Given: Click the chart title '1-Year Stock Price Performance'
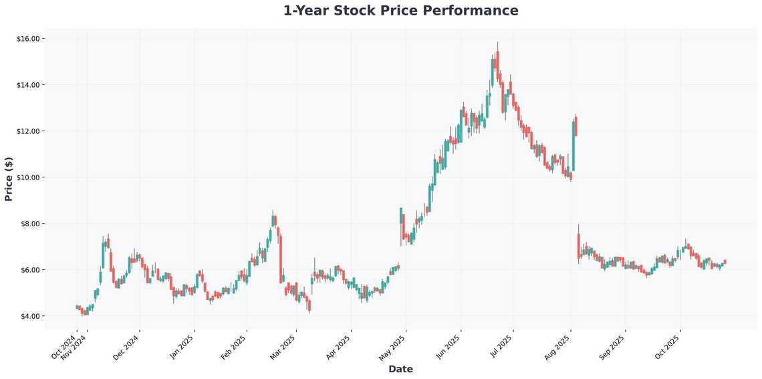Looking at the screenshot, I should coord(400,11).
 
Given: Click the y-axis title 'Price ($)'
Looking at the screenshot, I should coord(9,179).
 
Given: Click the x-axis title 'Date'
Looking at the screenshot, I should coord(400,369).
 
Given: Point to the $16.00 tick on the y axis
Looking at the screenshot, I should coord(29,39).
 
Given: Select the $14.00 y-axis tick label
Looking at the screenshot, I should coord(29,85).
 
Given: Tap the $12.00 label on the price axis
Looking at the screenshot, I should coord(29,131).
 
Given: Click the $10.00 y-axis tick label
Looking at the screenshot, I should coord(29,177).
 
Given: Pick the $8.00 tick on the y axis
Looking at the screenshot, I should coord(30,224).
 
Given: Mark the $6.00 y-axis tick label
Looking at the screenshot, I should coord(30,270).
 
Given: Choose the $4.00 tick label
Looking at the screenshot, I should coord(30,316).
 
